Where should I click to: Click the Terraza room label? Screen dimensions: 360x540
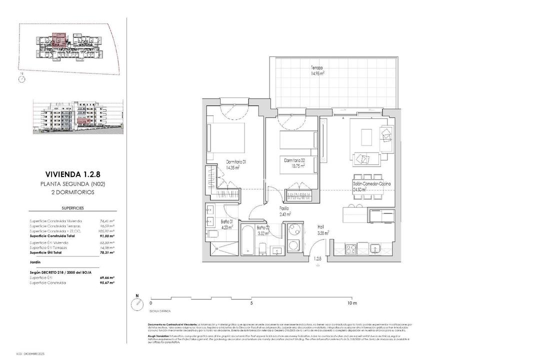pyautogui.click(x=316, y=67)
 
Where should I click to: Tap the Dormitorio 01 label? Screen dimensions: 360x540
pyautogui.click(x=236, y=161)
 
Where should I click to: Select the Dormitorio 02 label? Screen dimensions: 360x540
pyautogui.click(x=295, y=160)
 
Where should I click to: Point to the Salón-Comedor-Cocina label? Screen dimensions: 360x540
pyautogui.click(x=371, y=184)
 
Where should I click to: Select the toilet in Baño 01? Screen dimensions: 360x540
pyautogui.click(x=211, y=234)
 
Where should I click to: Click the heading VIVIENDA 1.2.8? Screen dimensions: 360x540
pyautogui.click(x=72, y=174)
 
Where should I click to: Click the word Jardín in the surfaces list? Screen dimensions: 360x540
pyautogui.click(x=35, y=261)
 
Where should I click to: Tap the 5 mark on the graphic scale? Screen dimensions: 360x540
pyautogui.click(x=251, y=303)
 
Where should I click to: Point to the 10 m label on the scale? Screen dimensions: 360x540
pyautogui.click(x=352, y=303)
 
